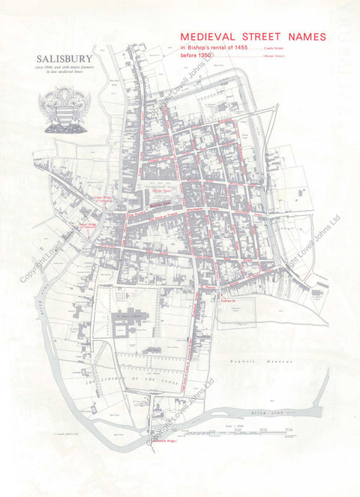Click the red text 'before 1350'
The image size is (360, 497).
(196, 56)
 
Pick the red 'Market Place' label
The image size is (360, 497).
(163, 192)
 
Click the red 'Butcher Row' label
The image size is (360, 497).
(160, 203)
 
